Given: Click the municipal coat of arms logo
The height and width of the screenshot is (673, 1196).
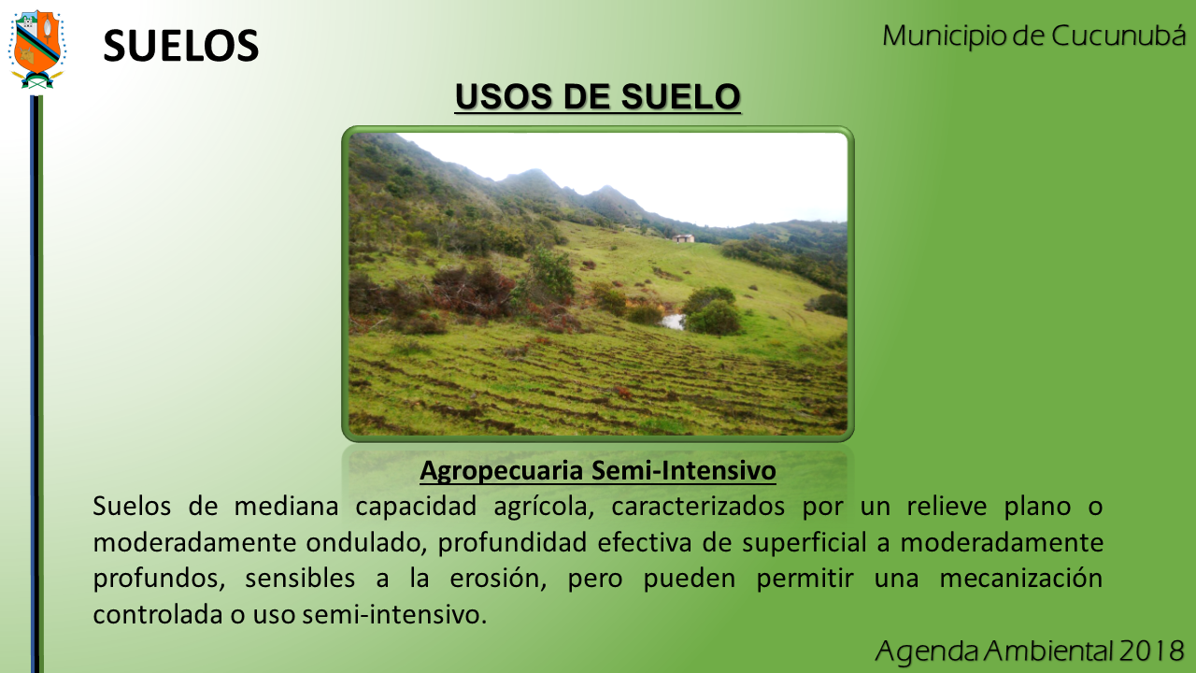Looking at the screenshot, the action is point(36,50).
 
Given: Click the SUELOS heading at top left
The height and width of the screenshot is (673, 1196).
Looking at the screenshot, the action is point(181,46).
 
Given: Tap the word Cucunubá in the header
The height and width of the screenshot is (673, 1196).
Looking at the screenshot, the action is point(1118,36).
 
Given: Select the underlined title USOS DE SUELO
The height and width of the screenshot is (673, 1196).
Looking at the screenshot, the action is point(597,96).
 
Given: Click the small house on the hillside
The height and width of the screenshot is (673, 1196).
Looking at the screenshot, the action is point(683,238).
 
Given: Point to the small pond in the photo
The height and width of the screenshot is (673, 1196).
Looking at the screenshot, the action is point(674,322).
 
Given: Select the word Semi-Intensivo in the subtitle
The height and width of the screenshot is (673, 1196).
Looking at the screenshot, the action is point(684,470).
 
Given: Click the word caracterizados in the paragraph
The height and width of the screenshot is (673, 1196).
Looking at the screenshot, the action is point(698,507).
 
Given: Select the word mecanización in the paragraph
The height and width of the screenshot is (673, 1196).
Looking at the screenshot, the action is point(1021,579).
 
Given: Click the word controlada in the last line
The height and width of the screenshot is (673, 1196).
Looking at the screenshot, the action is point(158,614).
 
